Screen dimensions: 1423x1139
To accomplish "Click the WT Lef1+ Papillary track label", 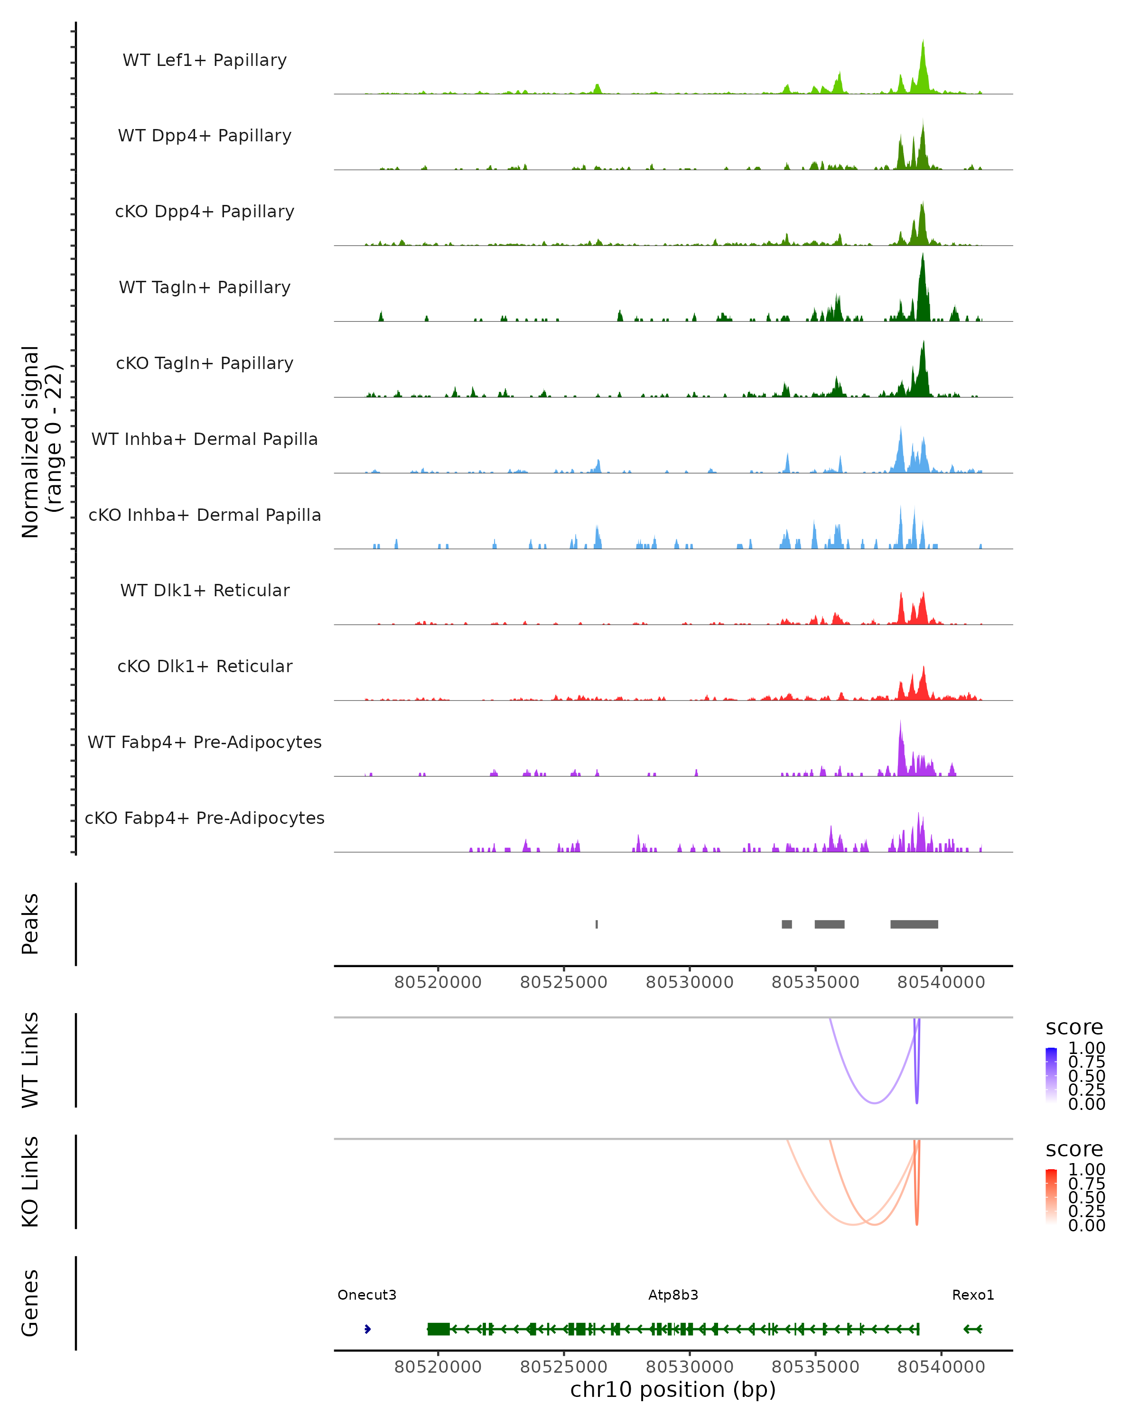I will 205,60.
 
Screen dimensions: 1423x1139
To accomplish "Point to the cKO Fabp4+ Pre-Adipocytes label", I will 205,818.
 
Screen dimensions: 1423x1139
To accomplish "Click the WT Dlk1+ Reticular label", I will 205,590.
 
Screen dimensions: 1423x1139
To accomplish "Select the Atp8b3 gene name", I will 673,1295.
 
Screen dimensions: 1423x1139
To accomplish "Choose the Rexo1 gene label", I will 972,1295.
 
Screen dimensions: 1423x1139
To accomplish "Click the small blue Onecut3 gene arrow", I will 368,1329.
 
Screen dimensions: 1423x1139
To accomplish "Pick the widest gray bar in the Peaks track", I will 914,924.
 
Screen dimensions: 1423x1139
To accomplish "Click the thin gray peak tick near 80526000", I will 597,924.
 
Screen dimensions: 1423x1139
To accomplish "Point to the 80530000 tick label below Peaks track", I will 690,982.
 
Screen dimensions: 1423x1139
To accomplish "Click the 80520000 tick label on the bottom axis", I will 438,1367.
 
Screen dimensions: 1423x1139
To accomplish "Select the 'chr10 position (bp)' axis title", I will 673,1390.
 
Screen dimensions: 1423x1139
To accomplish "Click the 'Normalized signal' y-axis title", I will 30,442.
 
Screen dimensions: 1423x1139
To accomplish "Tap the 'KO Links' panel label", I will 30,1182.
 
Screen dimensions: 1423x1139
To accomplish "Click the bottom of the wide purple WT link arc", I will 874,1103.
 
